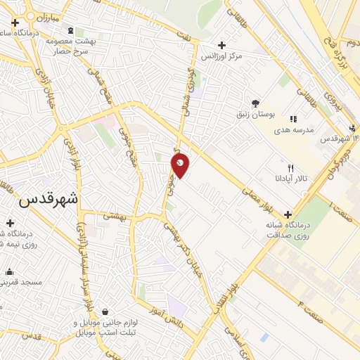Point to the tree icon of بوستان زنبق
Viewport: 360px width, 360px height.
pos(255,103)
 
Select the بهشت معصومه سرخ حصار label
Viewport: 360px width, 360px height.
pos(70,47)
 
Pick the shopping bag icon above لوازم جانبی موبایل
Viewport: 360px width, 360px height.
pos(105,311)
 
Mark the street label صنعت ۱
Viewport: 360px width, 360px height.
pos(340,207)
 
